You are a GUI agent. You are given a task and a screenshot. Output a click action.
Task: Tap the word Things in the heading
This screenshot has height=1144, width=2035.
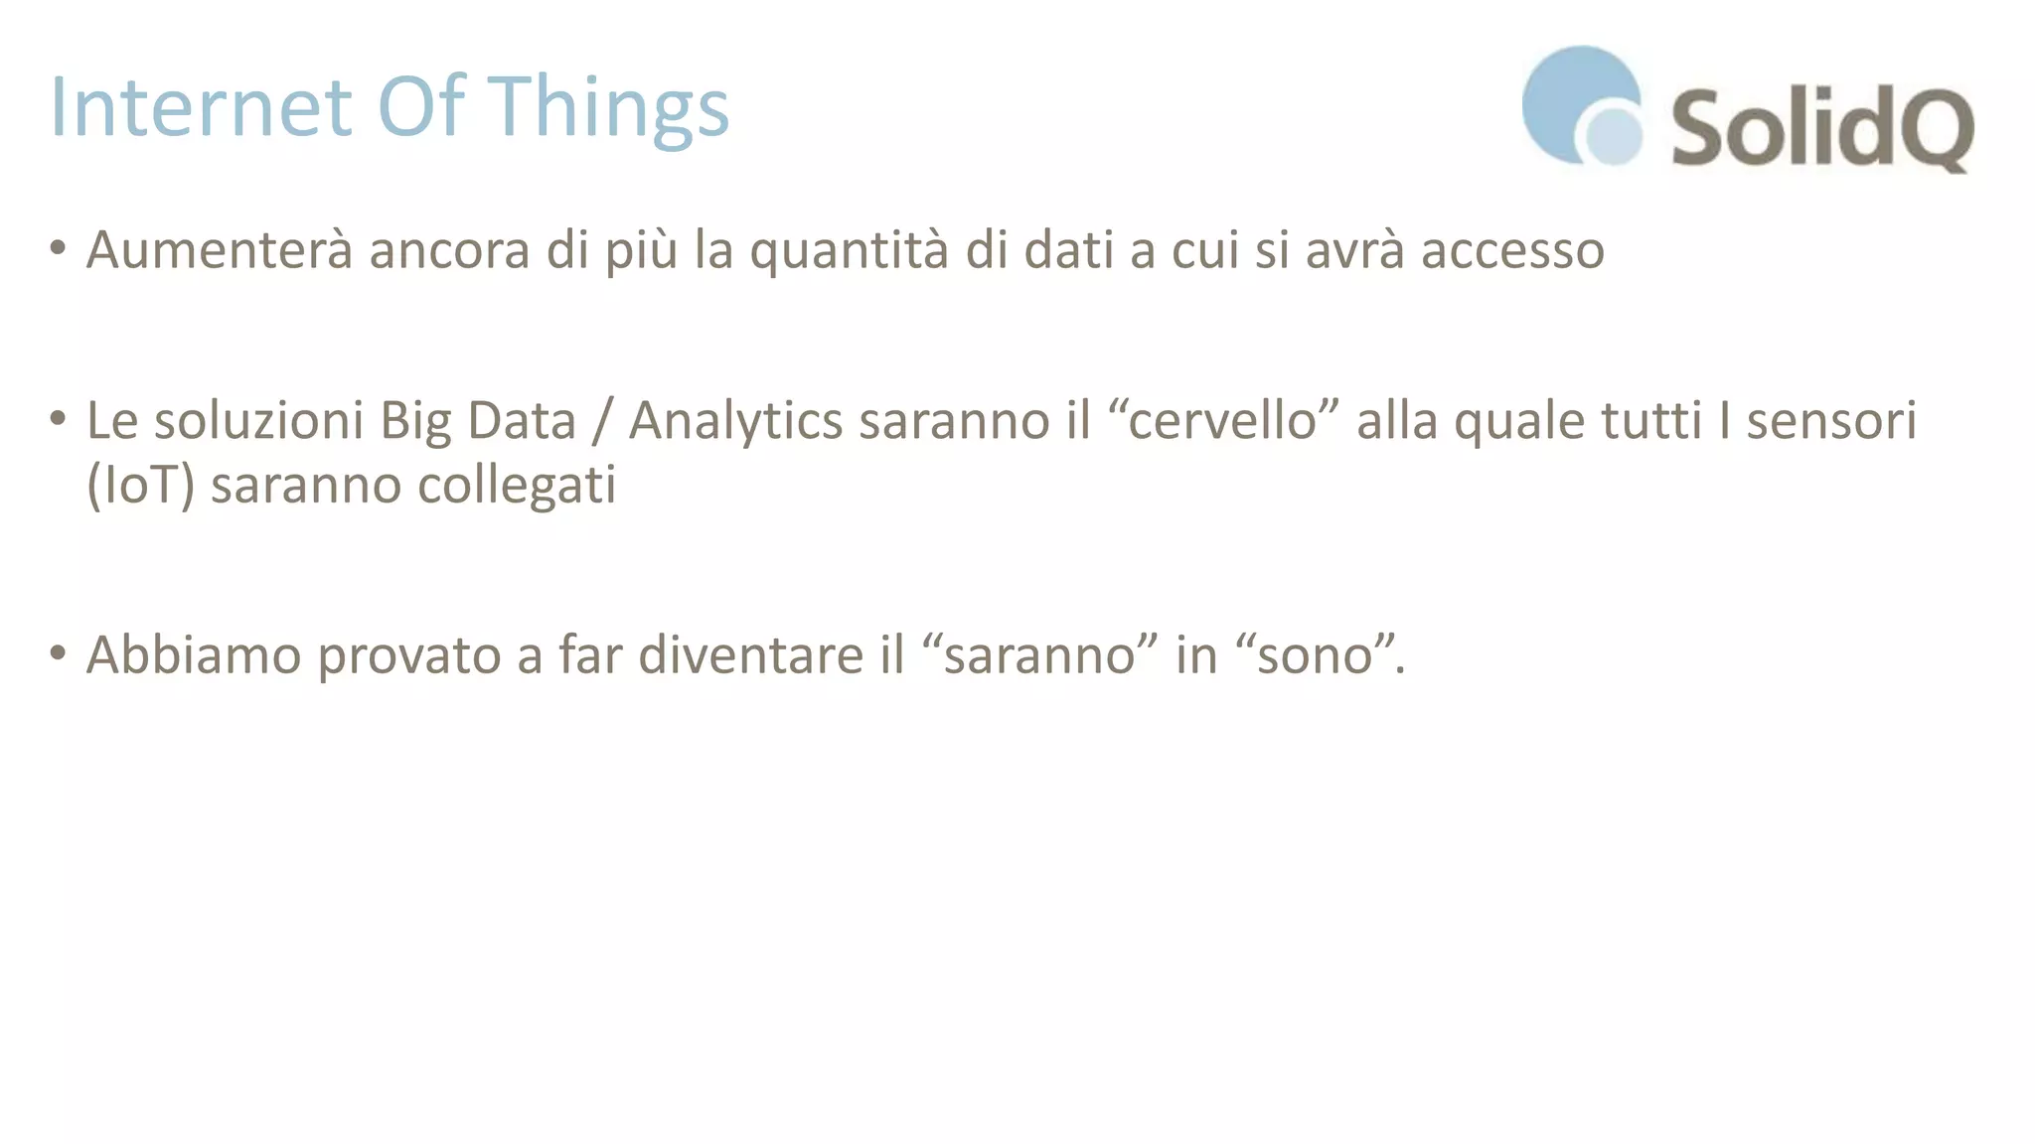612,109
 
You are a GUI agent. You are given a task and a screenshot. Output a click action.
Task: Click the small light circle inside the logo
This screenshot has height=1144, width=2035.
1613,136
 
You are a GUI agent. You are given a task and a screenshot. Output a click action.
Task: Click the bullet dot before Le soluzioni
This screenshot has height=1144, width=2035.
58,417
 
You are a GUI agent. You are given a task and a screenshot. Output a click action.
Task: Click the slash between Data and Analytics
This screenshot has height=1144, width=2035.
601,421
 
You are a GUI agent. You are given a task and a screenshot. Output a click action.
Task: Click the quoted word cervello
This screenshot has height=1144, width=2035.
1222,420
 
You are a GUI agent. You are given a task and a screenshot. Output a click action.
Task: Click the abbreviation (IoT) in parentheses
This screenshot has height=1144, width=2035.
140,486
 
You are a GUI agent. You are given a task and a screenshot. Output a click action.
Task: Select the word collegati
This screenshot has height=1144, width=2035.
516,486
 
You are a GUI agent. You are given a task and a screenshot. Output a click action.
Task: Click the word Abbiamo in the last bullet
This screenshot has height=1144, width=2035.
194,655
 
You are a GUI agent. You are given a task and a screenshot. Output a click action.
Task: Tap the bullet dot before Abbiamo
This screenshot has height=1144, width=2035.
58,652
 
